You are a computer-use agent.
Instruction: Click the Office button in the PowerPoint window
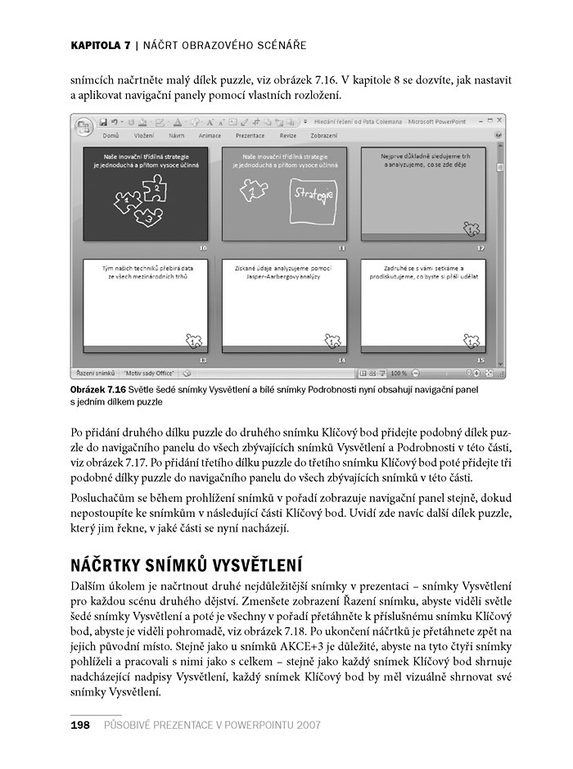tap(84, 127)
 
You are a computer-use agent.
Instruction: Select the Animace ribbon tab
tap(210, 134)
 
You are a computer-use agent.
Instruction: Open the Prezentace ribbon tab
tap(250, 134)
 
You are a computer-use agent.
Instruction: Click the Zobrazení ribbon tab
tap(324, 134)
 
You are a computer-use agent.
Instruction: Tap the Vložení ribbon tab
tap(144, 134)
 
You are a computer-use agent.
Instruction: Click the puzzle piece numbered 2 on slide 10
tap(156, 189)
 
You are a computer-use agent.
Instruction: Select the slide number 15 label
tap(481, 360)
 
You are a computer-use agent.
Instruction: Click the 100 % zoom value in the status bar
tap(400, 372)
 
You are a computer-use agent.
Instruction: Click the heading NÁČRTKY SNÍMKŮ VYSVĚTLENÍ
tap(187, 565)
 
